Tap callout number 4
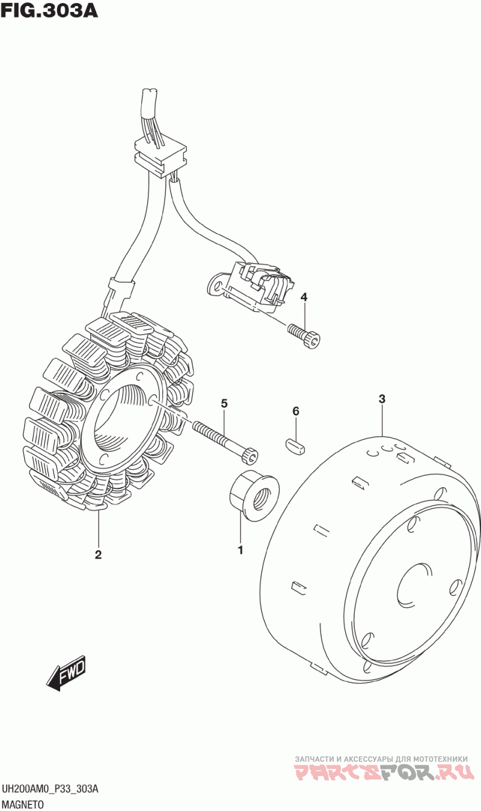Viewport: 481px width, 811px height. pos(304,297)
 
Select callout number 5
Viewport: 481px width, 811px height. pos(224,403)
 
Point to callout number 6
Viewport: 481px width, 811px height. pos(296,411)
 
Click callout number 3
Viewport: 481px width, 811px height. pos(382,399)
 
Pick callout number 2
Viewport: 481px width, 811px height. pos(98,554)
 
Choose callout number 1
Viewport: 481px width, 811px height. pos(240,550)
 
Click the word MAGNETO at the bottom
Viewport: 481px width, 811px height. pos(23,804)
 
